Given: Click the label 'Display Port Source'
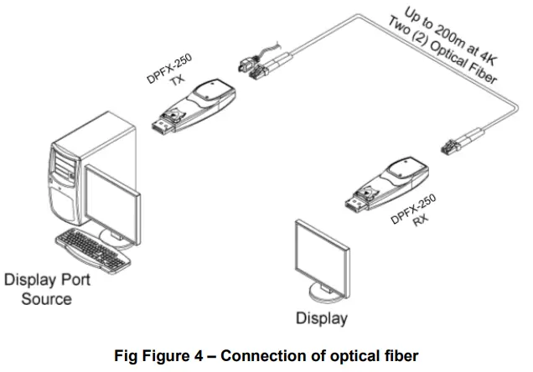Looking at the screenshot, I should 47,288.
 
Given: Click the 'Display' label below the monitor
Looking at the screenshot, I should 321,318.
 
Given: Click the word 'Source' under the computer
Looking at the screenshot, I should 47,298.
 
